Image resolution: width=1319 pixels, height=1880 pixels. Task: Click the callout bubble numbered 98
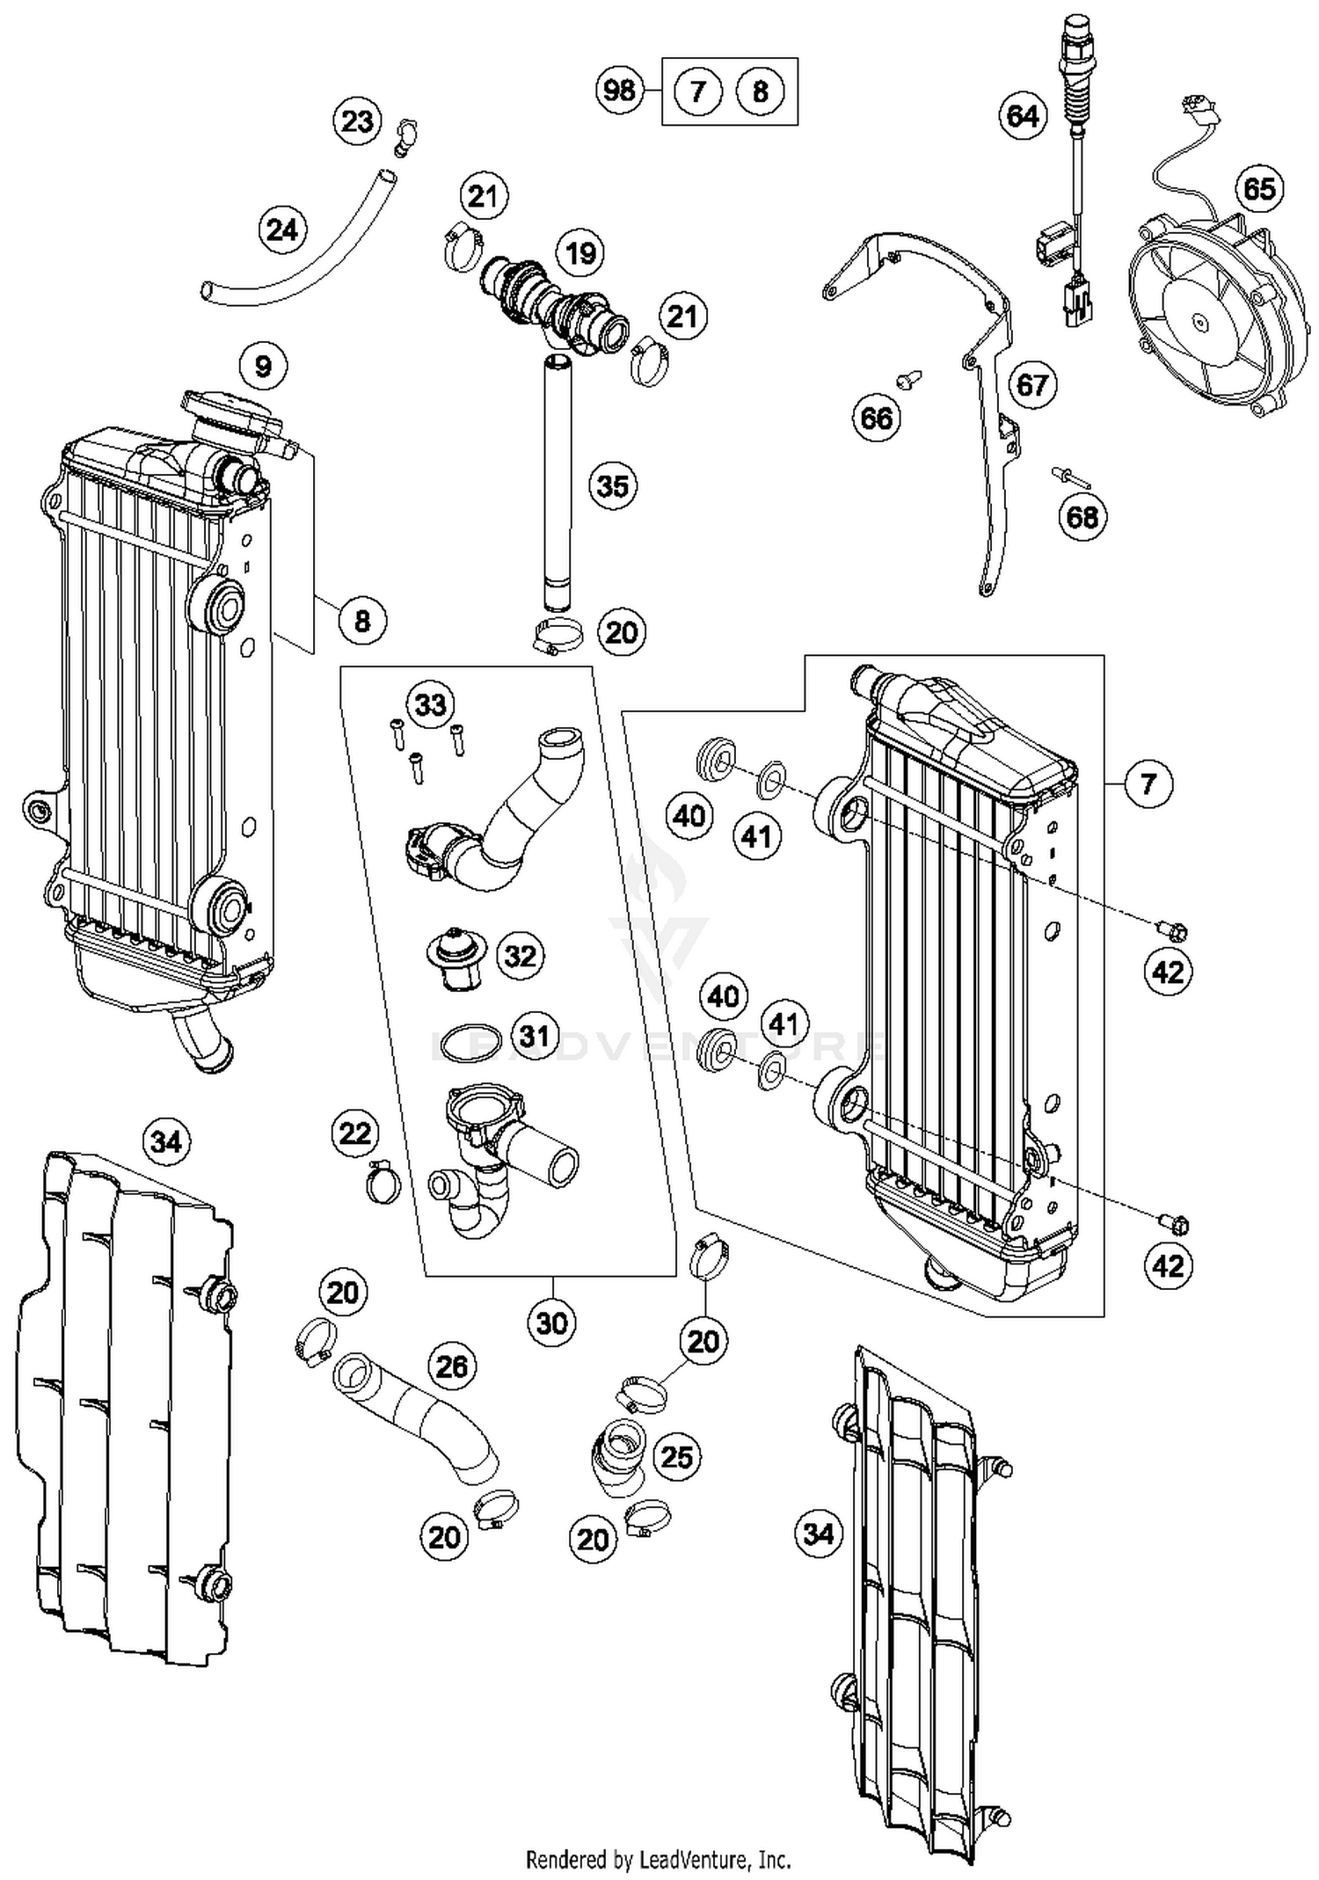(619, 90)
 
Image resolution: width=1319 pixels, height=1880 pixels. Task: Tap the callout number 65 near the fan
(1259, 189)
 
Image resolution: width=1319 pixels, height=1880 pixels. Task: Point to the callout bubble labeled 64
(1023, 116)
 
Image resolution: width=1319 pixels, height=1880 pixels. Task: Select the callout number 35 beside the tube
(613, 485)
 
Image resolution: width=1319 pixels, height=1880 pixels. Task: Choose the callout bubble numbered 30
(552, 1322)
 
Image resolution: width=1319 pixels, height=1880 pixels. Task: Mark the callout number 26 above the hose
(452, 1366)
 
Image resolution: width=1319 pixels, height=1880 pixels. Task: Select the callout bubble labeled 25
(676, 1457)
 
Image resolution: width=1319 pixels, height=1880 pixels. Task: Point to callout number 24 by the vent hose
(282, 230)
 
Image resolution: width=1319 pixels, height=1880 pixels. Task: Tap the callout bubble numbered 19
(580, 253)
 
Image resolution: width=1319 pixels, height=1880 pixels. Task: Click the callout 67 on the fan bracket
(1032, 384)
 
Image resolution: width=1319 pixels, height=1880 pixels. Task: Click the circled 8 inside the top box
(761, 91)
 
